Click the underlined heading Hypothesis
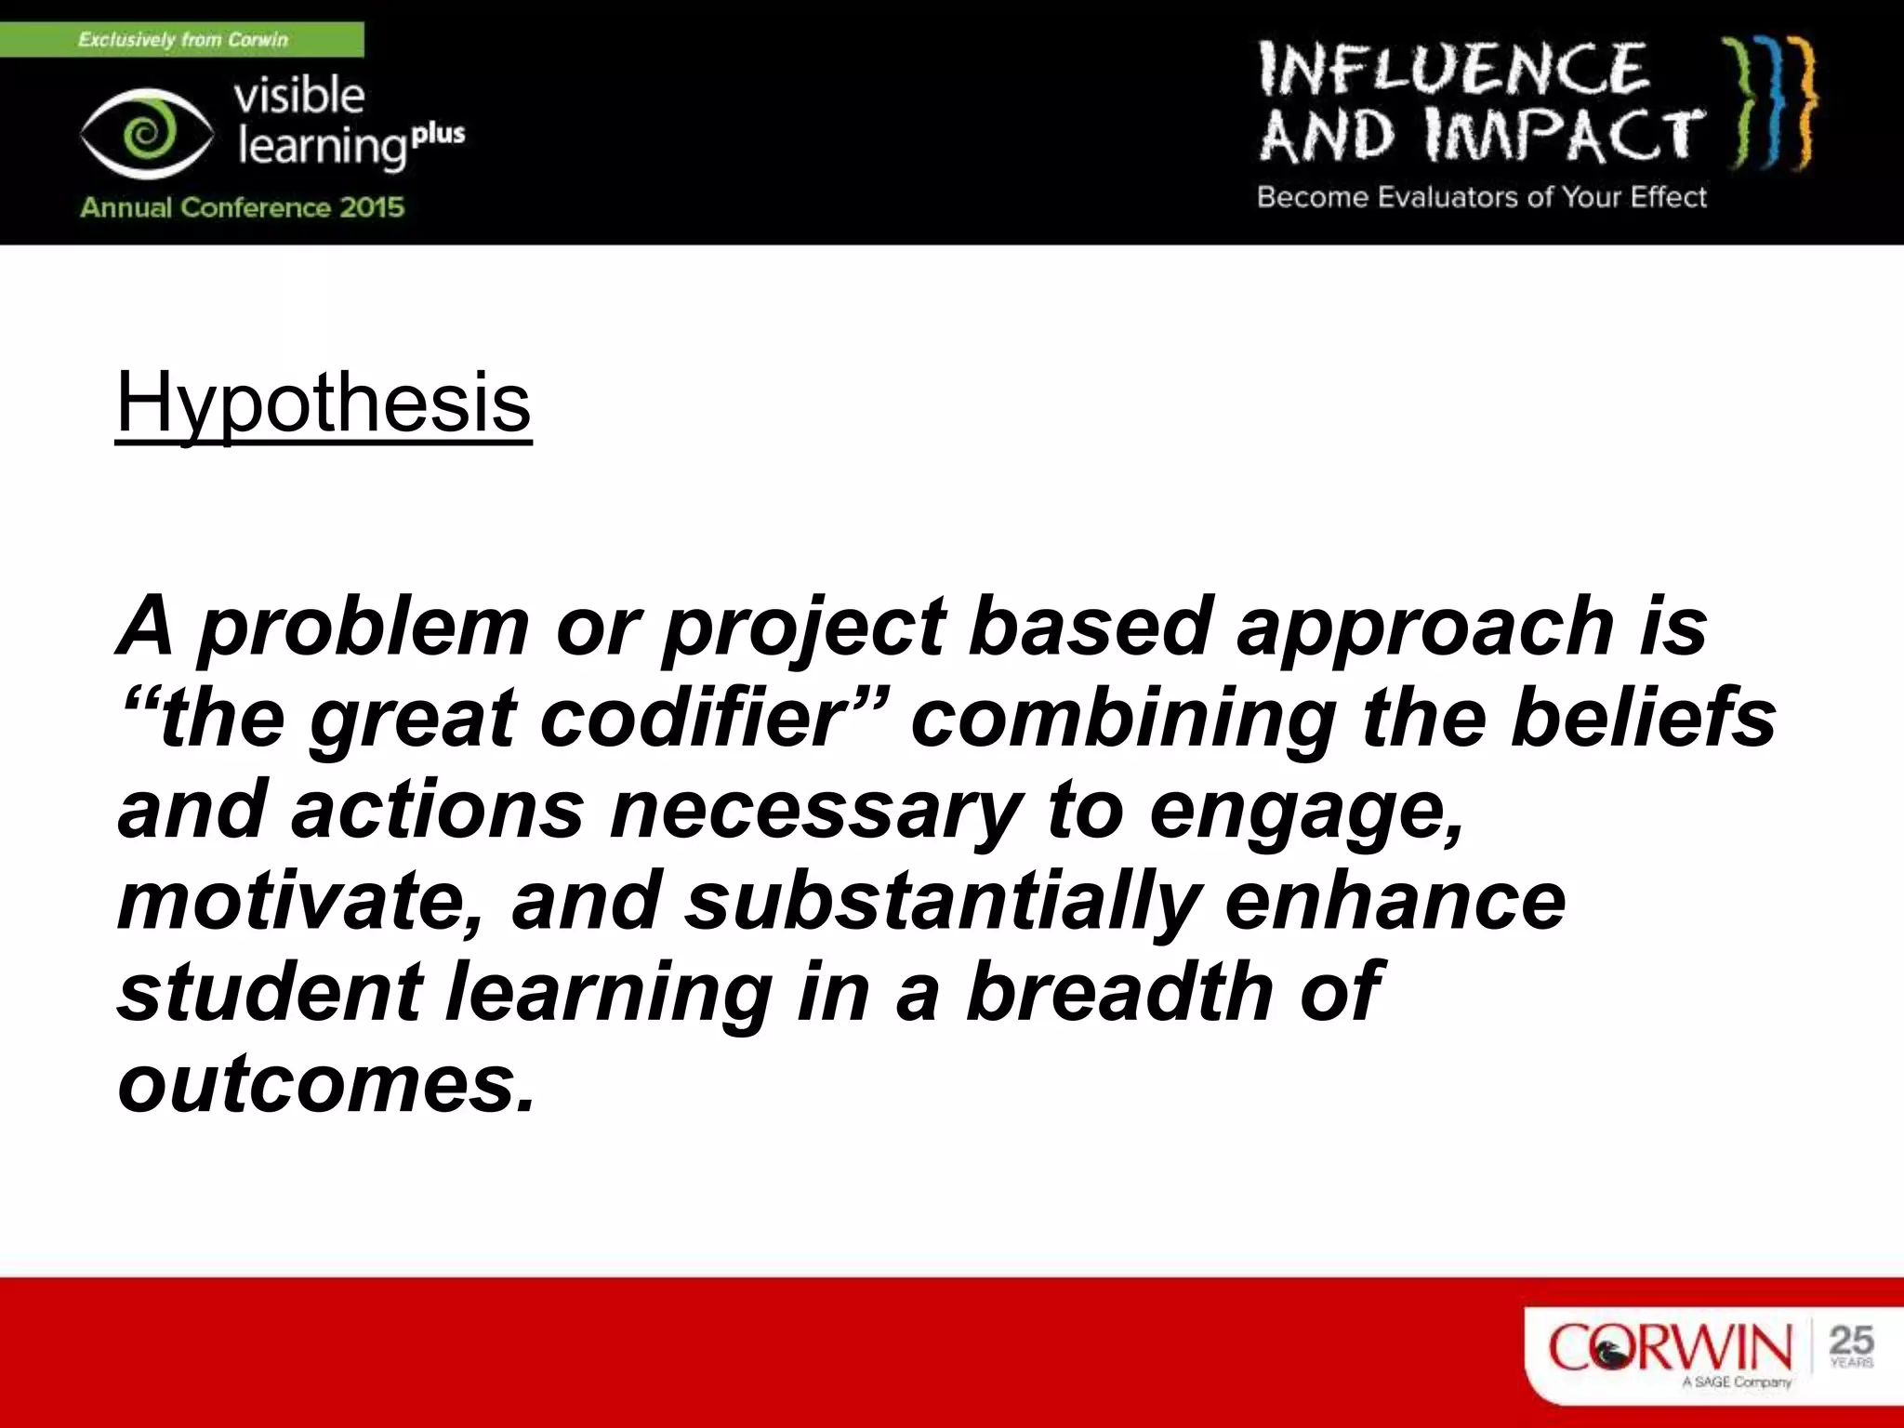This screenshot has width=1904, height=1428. coord(323,403)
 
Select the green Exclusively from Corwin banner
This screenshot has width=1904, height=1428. coord(182,40)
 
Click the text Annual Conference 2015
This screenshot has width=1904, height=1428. coord(242,206)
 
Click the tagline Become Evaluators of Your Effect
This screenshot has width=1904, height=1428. coord(1481,197)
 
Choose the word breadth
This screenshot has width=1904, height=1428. coord(1117,991)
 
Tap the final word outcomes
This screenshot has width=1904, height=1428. coord(325,1084)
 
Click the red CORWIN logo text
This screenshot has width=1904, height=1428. coord(1670,1347)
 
